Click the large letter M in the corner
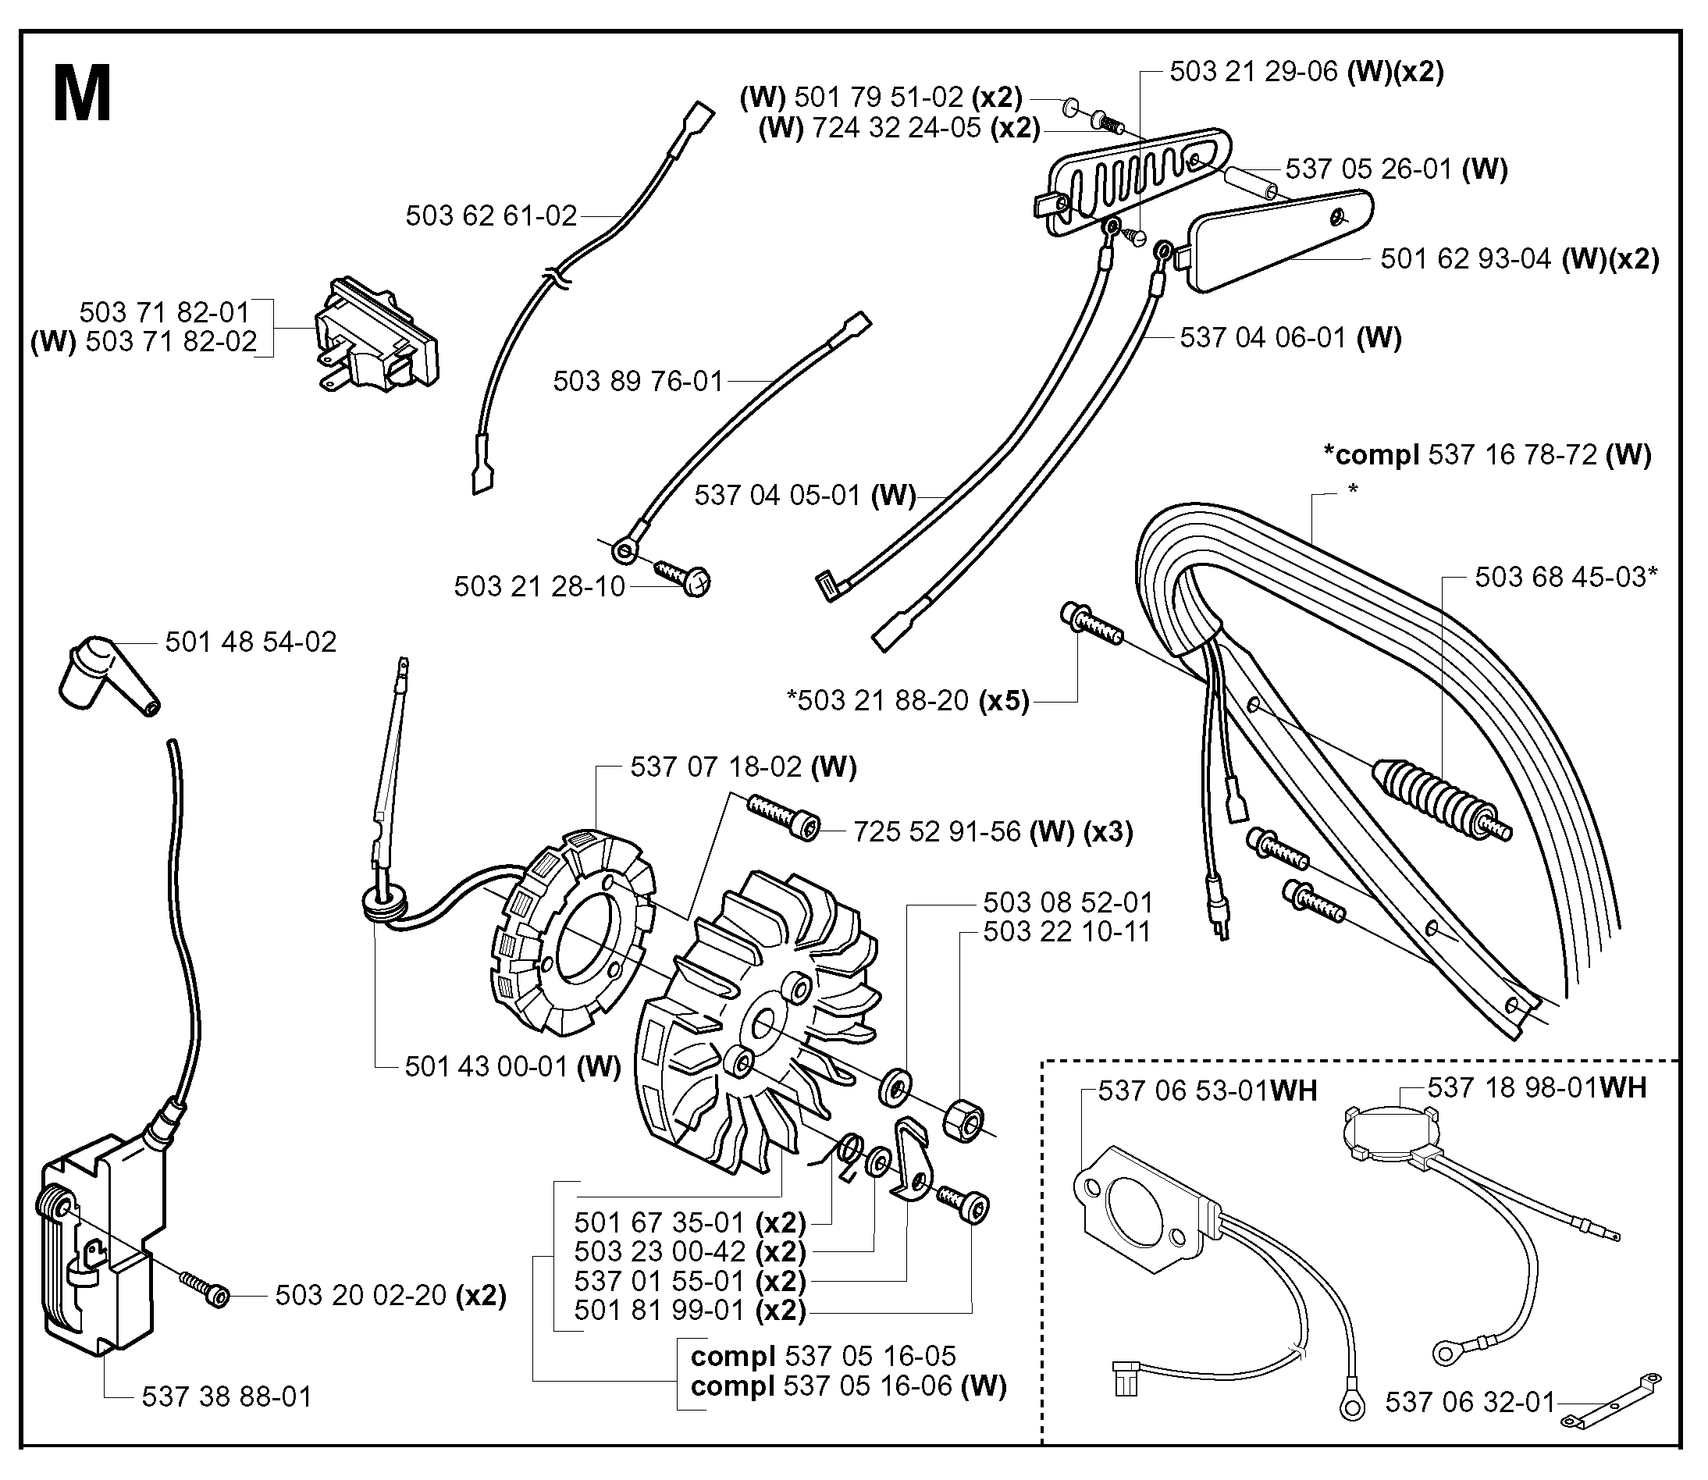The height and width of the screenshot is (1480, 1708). (x=82, y=94)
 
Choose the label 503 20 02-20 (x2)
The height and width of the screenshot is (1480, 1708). (x=390, y=1295)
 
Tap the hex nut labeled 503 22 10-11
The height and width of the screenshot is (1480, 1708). (x=963, y=1121)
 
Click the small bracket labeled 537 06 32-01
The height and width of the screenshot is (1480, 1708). (x=1610, y=1400)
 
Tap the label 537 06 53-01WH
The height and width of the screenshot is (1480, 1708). (x=1208, y=1091)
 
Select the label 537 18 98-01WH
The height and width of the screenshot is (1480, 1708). (x=1537, y=1087)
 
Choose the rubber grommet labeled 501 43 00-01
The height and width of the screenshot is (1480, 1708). (x=383, y=902)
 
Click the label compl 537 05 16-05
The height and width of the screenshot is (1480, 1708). (x=823, y=1356)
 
